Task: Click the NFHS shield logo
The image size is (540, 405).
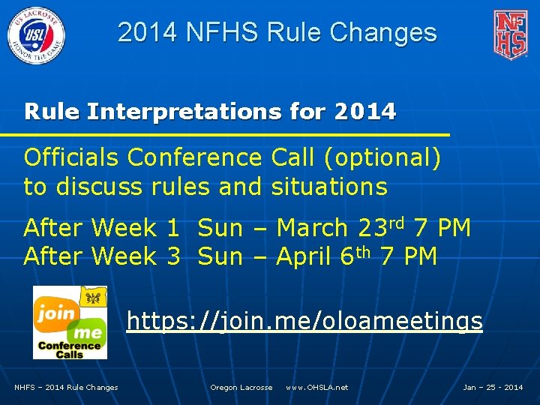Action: point(509,34)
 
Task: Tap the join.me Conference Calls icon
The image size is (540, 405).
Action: point(70,322)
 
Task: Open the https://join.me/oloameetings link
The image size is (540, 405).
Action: point(304,321)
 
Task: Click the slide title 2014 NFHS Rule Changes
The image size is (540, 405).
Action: point(277,32)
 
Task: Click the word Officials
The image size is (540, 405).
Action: point(72,158)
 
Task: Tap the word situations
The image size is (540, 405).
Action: point(329,187)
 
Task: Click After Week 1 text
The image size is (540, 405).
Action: point(102,228)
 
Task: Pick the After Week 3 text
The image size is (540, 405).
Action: point(102,256)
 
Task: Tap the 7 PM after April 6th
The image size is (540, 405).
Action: point(408,256)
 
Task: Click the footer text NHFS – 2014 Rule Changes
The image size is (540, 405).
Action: point(66,388)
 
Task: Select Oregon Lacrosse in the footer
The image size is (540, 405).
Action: point(241,388)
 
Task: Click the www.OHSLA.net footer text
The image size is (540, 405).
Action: point(316,388)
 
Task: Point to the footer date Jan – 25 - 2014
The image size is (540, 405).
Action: point(493,388)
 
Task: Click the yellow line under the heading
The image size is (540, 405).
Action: point(225,134)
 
